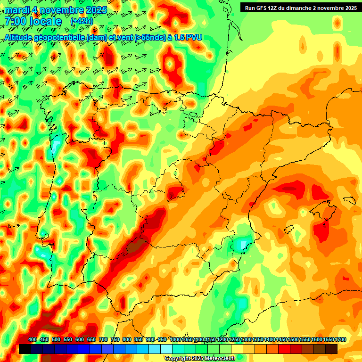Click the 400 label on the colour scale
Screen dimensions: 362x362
tap(33, 340)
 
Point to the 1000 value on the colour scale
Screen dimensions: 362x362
tap(175, 340)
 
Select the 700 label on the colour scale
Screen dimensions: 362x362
tap(103, 340)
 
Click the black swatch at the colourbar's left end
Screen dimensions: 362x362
tap(25, 349)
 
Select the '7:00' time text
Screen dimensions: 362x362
tap(15, 22)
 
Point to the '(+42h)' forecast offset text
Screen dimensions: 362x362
tap(82, 21)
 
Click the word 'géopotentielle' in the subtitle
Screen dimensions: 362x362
tap(61, 37)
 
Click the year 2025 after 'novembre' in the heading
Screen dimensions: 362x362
tap(94, 10)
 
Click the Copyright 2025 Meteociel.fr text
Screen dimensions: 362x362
tap(200, 358)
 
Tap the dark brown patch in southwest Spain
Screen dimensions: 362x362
tap(136, 246)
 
